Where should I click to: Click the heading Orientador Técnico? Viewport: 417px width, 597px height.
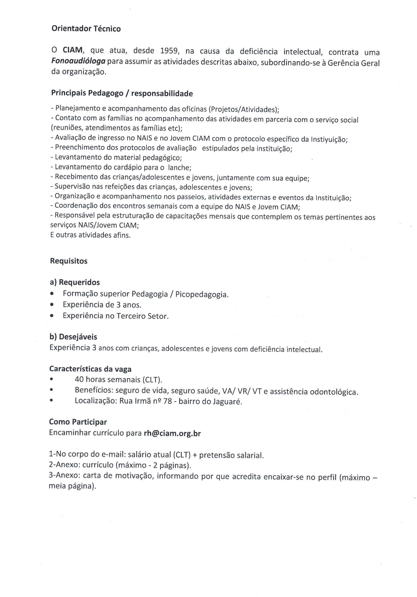coord(86,29)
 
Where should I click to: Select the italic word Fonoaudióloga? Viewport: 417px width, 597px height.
coord(78,61)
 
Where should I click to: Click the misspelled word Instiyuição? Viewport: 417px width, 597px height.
coord(329,139)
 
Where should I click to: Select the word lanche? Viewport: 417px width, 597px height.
coord(180,168)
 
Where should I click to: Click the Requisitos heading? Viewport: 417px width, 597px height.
coord(69,261)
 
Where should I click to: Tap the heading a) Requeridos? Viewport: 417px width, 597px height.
coord(75,282)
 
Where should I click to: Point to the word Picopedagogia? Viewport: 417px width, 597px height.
coord(201,294)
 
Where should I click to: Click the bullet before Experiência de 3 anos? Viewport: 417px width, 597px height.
coord(52,304)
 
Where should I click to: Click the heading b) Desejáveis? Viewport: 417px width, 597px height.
coord(73,337)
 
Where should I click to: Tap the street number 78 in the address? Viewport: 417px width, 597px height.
coord(167,401)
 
